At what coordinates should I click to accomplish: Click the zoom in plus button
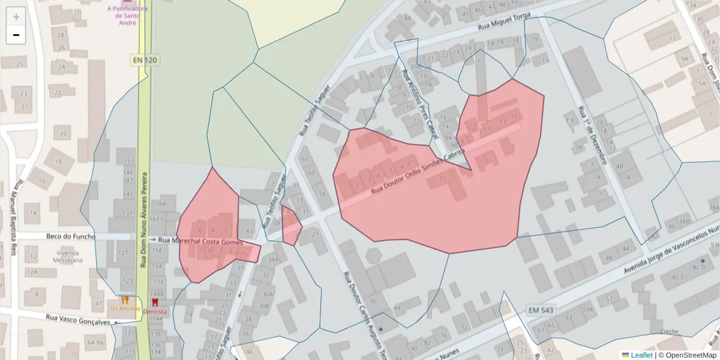16,16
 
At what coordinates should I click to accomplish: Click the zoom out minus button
16,35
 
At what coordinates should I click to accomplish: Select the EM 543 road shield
541,310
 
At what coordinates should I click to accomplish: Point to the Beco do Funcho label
71,236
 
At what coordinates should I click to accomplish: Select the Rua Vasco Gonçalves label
78,319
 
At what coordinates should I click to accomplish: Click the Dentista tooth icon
155,301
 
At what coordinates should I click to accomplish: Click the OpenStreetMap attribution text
688,355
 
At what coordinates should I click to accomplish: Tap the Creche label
669,332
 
